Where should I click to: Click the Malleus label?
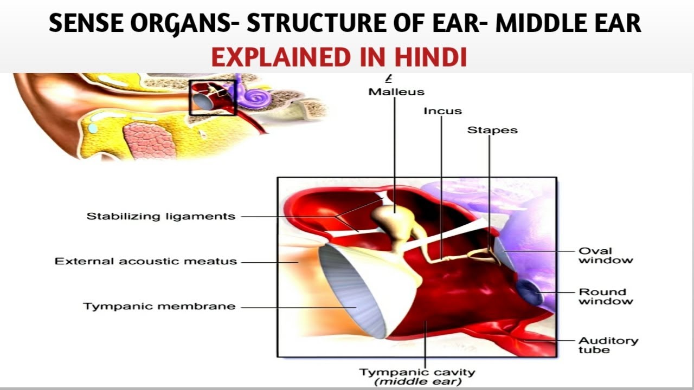(396, 92)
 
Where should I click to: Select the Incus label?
(442, 111)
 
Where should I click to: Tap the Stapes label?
(492, 130)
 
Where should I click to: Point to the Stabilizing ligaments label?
(161, 216)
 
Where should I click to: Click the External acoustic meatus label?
(146, 261)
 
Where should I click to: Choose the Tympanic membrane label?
(159, 306)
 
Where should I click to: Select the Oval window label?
(605, 255)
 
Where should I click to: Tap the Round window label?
(605, 296)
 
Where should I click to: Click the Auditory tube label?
(608, 345)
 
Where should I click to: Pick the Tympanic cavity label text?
(417, 372)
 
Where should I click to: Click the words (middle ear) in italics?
(417, 381)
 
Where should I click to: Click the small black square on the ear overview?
(212, 97)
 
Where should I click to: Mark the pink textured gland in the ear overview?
(150, 140)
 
